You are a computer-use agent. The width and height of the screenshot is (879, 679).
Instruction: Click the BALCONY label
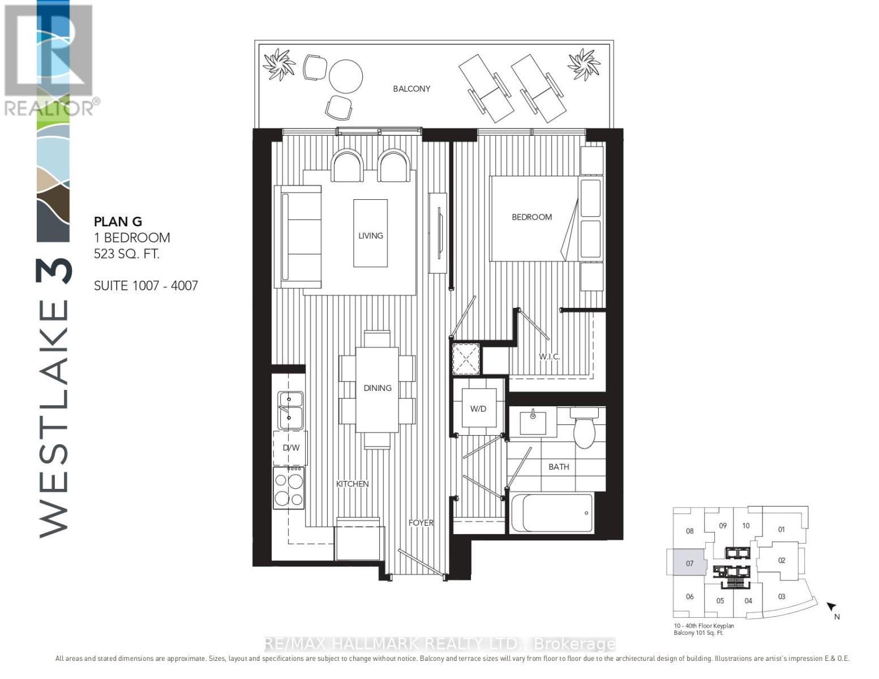[x=411, y=89]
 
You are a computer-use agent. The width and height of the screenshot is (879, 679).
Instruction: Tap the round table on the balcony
[x=346, y=76]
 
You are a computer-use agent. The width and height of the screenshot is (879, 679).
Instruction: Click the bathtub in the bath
[x=552, y=513]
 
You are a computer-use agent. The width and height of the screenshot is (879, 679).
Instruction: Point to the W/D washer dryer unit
[x=478, y=409]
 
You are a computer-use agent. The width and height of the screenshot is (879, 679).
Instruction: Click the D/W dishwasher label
[x=290, y=448]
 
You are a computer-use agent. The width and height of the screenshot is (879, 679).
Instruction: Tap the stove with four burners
[x=289, y=488]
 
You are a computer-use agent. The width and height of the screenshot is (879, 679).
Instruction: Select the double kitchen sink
[x=290, y=410]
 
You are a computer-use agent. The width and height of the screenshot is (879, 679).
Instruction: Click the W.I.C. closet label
[x=549, y=356]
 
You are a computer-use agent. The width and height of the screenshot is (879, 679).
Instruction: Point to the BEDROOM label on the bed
[x=531, y=217]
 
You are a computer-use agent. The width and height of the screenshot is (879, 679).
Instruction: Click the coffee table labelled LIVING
[x=370, y=233]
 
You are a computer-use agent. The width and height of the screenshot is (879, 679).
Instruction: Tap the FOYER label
[x=421, y=523]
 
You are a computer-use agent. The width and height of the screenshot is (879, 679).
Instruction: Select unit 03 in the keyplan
[x=782, y=596]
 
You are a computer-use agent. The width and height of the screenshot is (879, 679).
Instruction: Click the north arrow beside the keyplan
[x=831, y=608]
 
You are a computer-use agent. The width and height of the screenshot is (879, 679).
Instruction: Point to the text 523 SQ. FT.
[x=127, y=254]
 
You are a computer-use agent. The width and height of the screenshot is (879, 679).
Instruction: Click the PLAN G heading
[x=118, y=222]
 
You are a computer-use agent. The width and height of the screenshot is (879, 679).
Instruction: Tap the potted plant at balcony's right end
[x=584, y=64]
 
